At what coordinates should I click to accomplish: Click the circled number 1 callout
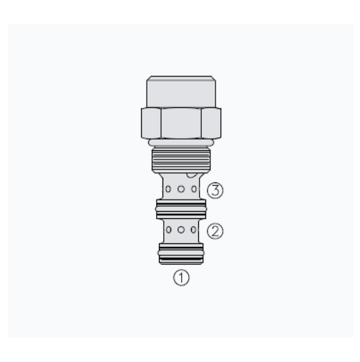click(181, 278)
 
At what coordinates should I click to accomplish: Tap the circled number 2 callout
click(215, 231)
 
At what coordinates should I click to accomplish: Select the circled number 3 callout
click(215, 190)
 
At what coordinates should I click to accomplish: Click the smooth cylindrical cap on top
click(181, 92)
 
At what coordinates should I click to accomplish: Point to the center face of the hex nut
click(181, 123)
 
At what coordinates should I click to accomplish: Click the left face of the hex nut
click(151, 123)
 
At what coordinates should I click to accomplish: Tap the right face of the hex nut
click(211, 123)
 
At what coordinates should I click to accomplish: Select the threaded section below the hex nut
click(181, 160)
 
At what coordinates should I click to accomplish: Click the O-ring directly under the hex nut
click(181, 143)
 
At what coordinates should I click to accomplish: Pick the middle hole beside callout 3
click(181, 189)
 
